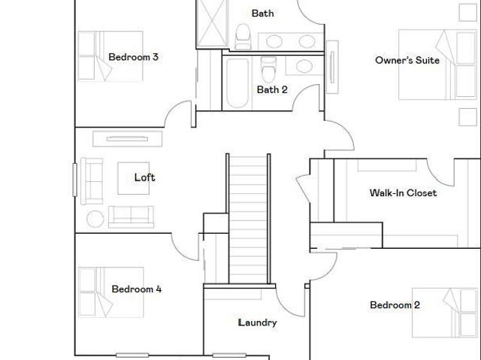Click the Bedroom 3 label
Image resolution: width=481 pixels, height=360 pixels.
pos(134,57)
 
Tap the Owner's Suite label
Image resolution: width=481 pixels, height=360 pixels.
pos(407,60)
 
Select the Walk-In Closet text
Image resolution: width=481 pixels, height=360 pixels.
pos(403,193)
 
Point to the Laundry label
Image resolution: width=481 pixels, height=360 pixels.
pos(257,322)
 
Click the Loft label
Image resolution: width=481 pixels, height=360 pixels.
pos(144,177)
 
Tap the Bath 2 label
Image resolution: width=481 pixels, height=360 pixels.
pos(272,90)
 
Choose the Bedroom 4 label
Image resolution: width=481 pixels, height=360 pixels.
pos(137,289)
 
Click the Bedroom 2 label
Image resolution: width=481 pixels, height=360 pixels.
pos(395,305)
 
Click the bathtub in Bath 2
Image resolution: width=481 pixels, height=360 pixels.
pos(237,83)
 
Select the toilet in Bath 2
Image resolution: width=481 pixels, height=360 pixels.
pos(268,69)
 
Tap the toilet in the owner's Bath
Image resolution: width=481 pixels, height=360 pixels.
pos(243,37)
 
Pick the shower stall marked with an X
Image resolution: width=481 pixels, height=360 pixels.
pos(212,23)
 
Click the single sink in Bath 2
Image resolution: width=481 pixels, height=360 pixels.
pos(304,66)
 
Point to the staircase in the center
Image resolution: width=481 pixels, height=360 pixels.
pos(248,219)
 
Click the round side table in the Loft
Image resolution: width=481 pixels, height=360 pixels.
pos(95,219)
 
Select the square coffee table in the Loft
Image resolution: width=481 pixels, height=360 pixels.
pos(134,178)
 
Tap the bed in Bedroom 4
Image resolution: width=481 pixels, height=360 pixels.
pos(110,292)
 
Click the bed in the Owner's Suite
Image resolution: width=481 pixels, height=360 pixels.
pos(437,65)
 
